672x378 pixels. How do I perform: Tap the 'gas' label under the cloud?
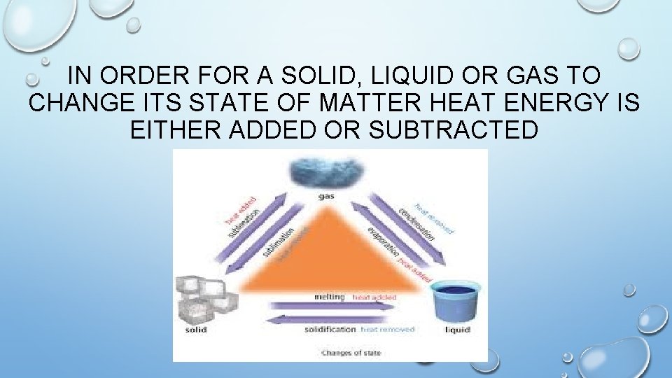pos(326,196)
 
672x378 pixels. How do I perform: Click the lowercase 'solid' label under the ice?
pos(195,329)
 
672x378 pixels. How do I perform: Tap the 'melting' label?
pos(330,297)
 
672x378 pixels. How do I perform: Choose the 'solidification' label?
pos(330,329)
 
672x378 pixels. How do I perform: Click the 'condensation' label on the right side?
pos(416,223)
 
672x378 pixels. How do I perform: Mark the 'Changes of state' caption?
pos(351,353)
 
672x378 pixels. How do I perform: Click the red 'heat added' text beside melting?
pos(374,297)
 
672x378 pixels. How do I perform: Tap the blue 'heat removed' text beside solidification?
pos(388,329)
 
